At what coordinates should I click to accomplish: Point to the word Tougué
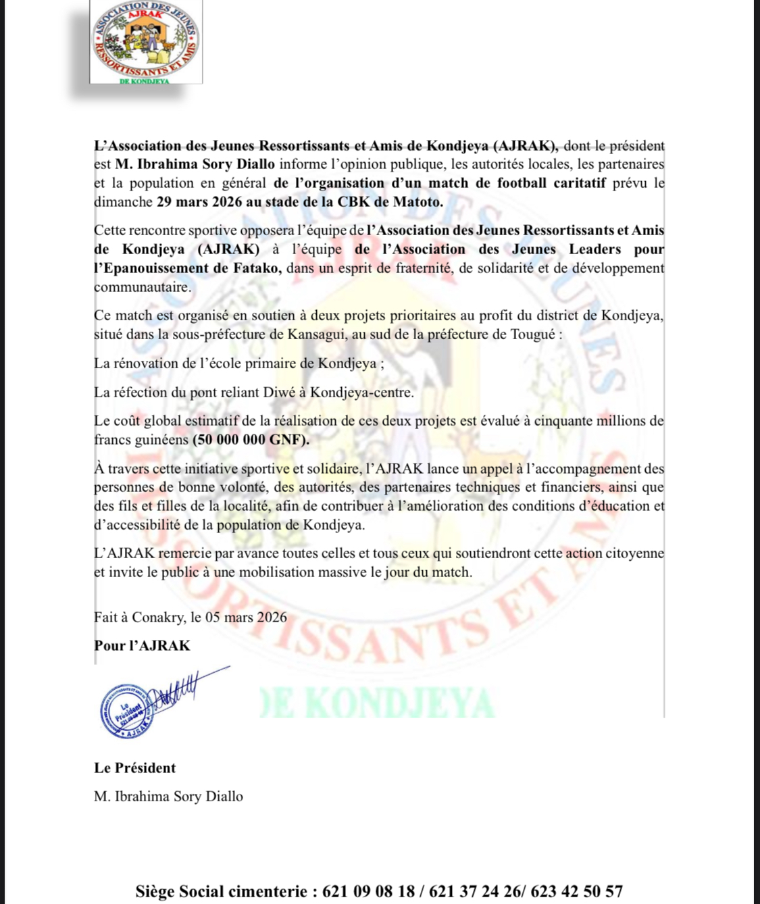[532, 334]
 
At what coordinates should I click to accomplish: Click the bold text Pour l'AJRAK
[142, 645]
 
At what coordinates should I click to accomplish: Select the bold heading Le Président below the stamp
[134, 768]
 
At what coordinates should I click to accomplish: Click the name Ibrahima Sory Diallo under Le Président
[178, 796]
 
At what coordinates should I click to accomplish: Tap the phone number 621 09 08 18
[369, 891]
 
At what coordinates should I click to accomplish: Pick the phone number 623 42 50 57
[576, 891]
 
